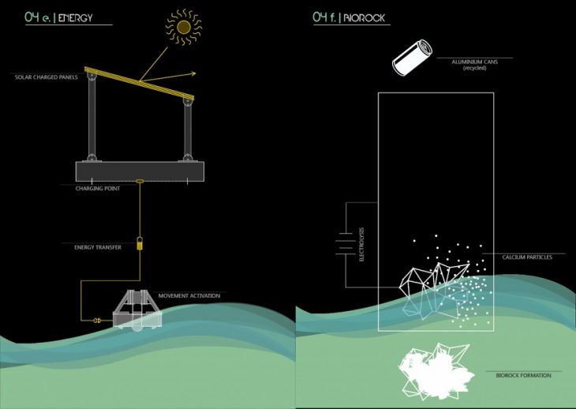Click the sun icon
(184, 28)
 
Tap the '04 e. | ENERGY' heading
(60, 17)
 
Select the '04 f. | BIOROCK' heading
(349, 17)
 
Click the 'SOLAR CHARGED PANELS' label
(46, 77)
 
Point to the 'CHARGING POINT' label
(98, 189)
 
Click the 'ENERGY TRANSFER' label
(92, 247)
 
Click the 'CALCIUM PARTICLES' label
(527, 257)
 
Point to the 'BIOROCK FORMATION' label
(513, 376)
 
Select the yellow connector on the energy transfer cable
(139, 245)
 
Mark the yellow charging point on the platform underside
(139, 182)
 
